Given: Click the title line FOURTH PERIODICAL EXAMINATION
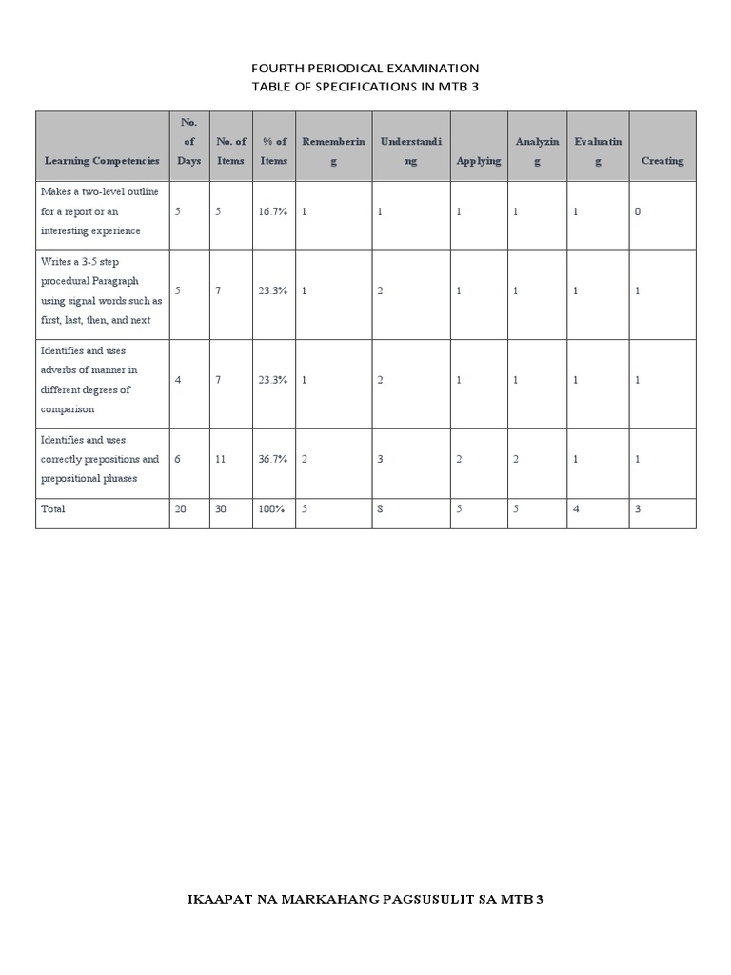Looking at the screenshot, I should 365,69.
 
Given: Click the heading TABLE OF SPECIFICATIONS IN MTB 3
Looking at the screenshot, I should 365,87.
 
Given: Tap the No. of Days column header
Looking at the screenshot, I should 188,142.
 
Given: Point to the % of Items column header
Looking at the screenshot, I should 274,151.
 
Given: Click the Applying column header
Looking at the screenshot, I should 478,161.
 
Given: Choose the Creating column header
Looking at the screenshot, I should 662,161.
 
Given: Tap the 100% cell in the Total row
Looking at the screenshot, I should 271,509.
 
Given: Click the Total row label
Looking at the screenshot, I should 53,509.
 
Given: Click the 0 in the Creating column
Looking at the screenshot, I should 637,211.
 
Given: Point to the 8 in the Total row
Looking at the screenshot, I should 380,509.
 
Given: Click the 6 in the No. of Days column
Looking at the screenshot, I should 178,459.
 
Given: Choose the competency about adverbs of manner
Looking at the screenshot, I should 89,380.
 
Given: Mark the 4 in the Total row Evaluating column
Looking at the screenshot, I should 576,509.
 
